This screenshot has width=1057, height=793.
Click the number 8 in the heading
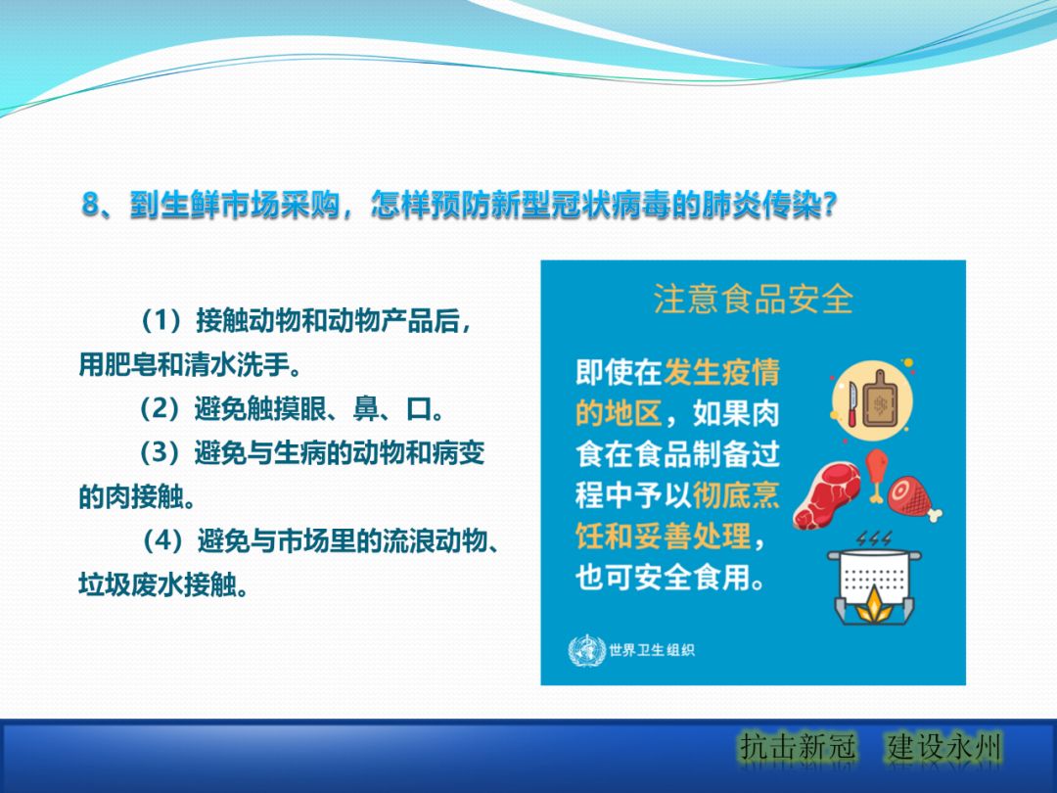(x=91, y=207)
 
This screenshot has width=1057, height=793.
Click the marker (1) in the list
(x=162, y=321)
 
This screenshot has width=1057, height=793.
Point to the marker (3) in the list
(x=162, y=454)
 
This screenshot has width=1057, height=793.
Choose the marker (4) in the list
(x=164, y=540)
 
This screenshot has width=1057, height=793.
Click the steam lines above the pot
(x=873, y=539)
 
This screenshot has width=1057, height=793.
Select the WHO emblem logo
(x=586, y=650)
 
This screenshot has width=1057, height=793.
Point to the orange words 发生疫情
(x=721, y=373)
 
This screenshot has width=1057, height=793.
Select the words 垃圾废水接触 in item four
(x=161, y=584)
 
